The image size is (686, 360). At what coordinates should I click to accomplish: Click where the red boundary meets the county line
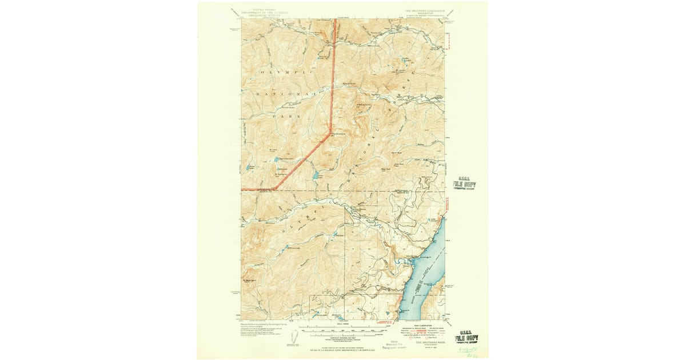coord(273,189)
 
